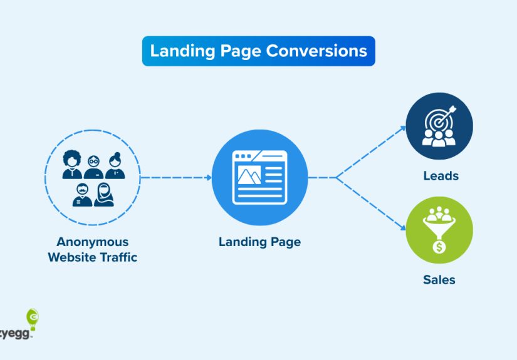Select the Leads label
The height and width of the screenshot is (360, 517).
point(441,176)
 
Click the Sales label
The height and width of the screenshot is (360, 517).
point(439,279)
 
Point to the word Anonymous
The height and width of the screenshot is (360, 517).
point(92,242)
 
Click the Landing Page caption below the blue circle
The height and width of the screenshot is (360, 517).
point(259,242)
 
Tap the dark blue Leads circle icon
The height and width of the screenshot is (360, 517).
point(439,126)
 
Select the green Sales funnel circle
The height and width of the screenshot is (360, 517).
point(439,229)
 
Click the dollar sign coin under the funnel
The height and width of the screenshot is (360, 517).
point(439,247)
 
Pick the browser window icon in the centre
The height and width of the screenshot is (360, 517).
point(259,177)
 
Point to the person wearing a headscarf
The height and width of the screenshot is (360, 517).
point(104,195)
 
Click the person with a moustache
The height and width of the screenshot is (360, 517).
point(82,195)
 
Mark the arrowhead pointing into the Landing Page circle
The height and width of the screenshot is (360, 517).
point(208,177)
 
